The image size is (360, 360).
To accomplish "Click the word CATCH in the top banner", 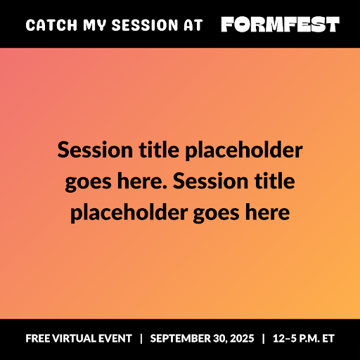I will (x=46, y=25).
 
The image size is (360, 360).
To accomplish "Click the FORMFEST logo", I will (x=280, y=25).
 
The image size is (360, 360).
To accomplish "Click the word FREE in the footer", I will (x=39, y=339).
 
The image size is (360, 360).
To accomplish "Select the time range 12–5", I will (x=283, y=339).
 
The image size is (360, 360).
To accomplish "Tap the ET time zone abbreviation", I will (x=328, y=339).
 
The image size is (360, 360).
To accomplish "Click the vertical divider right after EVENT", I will (x=141, y=339).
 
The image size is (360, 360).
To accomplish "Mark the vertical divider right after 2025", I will (x=263, y=339).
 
